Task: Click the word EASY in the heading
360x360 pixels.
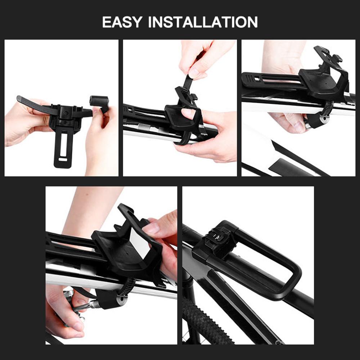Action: coord(122,22)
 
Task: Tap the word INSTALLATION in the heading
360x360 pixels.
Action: coord(203,22)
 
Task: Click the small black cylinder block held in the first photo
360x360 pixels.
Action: coord(99,101)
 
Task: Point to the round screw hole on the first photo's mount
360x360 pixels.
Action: coord(66,113)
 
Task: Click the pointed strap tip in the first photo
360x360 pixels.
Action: coord(19,99)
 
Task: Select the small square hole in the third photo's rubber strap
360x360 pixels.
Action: coord(257,79)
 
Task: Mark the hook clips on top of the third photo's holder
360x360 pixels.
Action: coord(330,54)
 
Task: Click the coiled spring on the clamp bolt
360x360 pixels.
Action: coord(94,304)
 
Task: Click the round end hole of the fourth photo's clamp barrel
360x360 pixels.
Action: coord(122,299)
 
